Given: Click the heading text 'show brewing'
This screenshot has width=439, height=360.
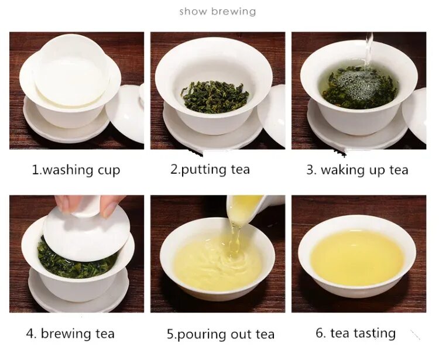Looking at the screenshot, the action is tap(218, 12).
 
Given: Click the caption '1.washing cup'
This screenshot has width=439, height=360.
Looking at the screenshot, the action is tap(76, 170).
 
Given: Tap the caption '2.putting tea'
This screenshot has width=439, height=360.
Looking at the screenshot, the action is tap(210, 169).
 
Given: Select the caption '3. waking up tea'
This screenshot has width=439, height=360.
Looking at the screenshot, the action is tap(357, 170).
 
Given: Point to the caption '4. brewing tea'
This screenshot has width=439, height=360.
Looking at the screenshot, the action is tap(70, 334).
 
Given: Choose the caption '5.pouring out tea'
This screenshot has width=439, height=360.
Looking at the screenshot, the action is tap(221, 334).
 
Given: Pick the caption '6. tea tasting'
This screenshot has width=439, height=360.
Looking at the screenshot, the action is tap(355, 333).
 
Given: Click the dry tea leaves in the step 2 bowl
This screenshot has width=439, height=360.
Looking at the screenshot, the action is tap(215, 97).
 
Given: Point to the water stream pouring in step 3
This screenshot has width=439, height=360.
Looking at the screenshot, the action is tap(368, 52).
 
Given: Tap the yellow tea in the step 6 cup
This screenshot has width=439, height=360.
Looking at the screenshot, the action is tap(357, 256).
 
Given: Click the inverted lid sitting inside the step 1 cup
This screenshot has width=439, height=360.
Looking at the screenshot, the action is tap(71, 71).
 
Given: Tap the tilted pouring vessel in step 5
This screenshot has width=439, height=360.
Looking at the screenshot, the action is tap(252, 208).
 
